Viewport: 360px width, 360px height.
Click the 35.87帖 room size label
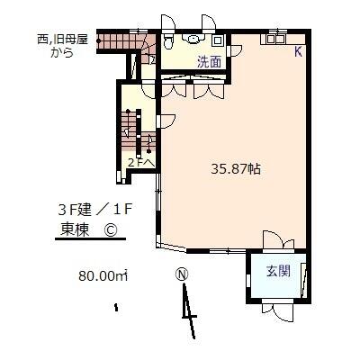pyautogui.click(x=236, y=169)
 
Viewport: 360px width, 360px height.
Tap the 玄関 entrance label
pyautogui.click(x=278, y=272)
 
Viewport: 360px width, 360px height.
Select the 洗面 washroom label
pyautogui.click(x=210, y=62)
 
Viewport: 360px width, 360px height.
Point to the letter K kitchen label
pyautogui.click(x=298, y=52)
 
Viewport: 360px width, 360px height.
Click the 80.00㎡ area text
pyautogui.click(x=103, y=275)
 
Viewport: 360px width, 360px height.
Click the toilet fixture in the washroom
pyautogui.click(x=168, y=41)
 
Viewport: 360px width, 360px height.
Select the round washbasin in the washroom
pyautogui.click(x=193, y=40)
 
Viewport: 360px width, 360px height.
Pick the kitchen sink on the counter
pyautogui.click(x=275, y=39)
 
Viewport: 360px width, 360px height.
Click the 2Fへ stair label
pyautogui.click(x=141, y=163)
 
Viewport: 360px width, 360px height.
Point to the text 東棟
pyautogui.click(x=75, y=230)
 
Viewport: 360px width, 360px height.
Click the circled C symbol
pyautogui.click(x=110, y=230)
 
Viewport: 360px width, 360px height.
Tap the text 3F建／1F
pyautogui.click(x=94, y=210)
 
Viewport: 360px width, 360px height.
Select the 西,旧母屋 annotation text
pyautogui.click(x=62, y=40)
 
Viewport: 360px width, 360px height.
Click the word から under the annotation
pyautogui.click(x=62, y=52)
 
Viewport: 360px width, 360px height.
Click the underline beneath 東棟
pyautogui.click(x=90, y=239)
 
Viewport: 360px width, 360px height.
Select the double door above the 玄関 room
pyautogui.click(x=278, y=240)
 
